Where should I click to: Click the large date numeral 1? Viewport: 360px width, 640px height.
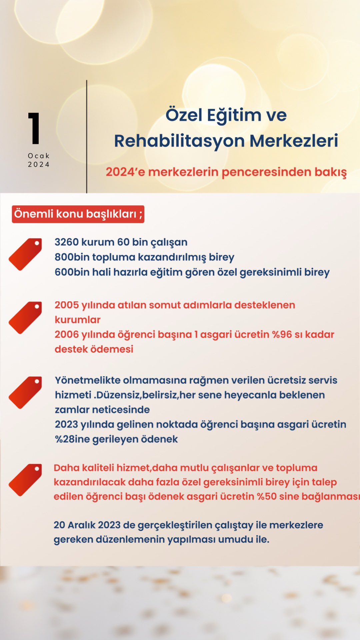tap(34, 128)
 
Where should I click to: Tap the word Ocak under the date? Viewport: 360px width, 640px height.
tap(39, 156)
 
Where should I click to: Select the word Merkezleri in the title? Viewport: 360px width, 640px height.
tap(294, 141)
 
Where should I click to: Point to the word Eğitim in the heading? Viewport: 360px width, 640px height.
tap(234, 115)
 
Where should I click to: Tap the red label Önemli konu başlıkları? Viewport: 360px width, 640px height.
tap(78, 214)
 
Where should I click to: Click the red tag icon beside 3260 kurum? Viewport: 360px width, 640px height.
tap(26, 254)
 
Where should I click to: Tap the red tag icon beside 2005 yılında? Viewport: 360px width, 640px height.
tap(26, 317)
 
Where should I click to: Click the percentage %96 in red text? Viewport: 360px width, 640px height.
tap(282, 334)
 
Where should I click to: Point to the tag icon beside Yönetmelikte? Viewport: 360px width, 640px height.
tap(26, 392)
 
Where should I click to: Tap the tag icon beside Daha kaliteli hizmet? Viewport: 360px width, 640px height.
tap(26, 480)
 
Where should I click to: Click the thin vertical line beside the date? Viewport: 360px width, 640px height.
tap(87, 137)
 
